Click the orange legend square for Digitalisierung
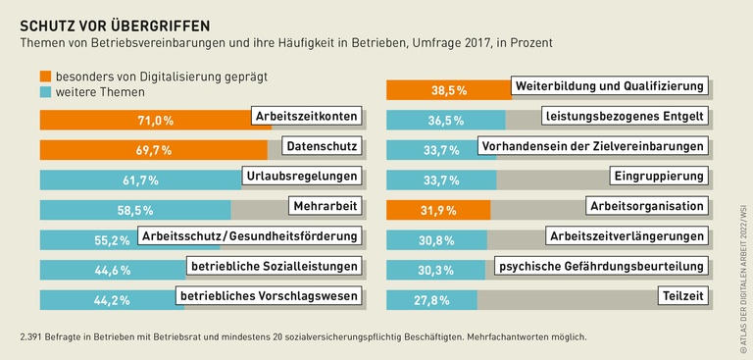pos(46,76)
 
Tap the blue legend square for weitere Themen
pos(46,92)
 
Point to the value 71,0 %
pos(155,121)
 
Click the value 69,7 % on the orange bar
pos(153,150)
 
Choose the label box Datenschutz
pos(320,146)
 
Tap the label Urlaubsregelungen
pos(301,177)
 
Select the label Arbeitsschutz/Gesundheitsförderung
pos(248,236)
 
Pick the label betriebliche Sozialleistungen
pos(272,265)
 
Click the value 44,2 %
pos(111,300)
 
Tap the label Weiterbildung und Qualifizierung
pos(610,87)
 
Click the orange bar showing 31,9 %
pos(437,210)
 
